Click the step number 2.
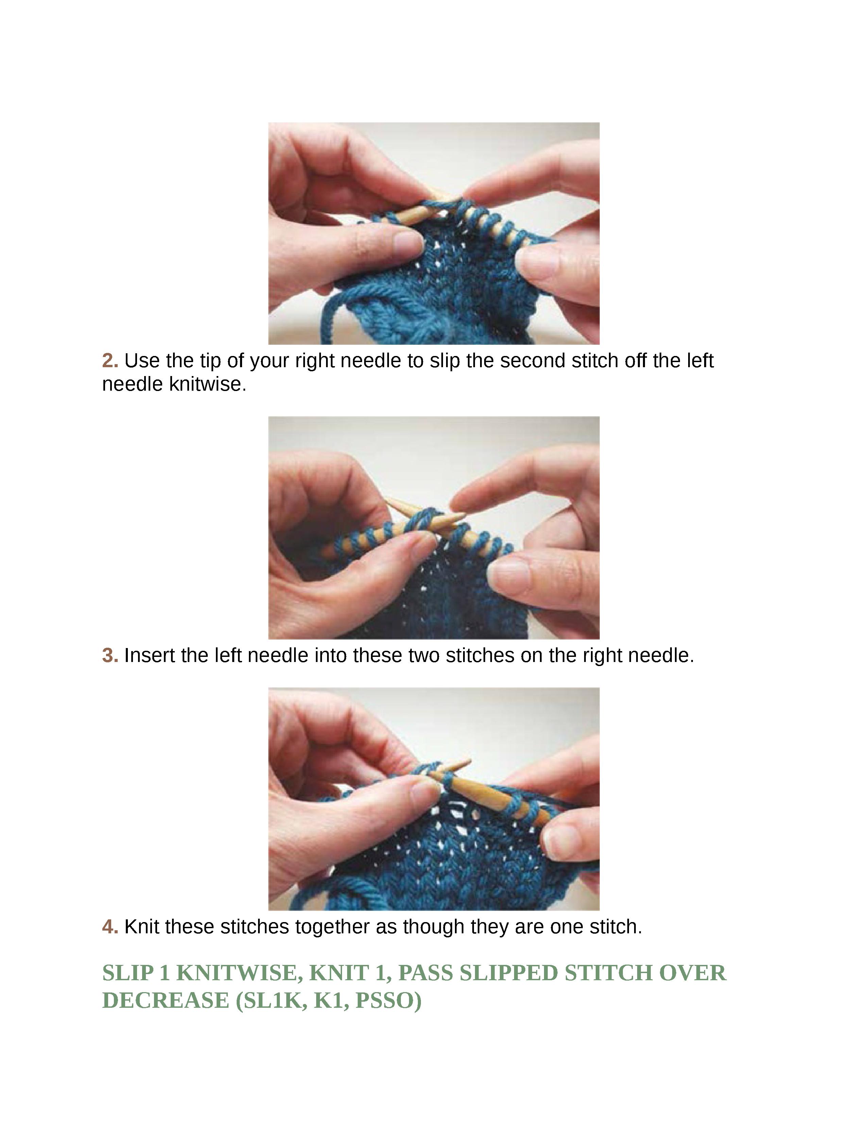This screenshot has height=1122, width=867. pos(110,361)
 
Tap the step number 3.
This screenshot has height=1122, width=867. pos(110,656)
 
